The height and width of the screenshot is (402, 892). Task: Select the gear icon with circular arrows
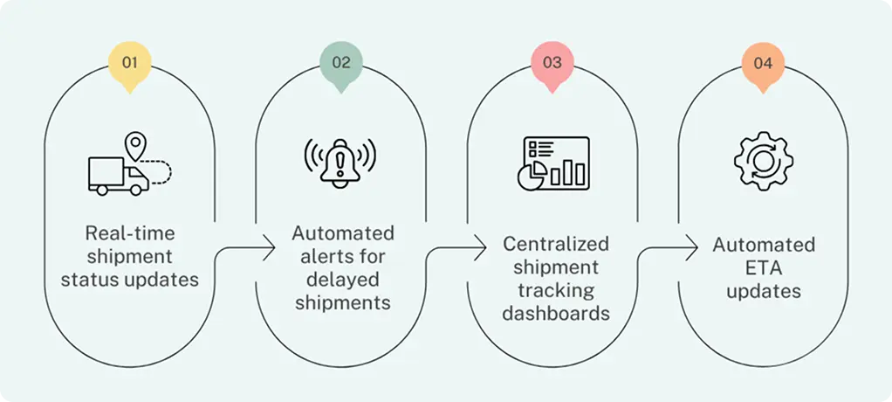pos(763,162)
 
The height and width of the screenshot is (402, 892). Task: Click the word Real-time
pos(129,233)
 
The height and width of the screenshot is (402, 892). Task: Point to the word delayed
pos(340,280)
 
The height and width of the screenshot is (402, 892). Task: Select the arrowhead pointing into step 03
pos(484,247)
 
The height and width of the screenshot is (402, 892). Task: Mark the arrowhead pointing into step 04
pos(695,247)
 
